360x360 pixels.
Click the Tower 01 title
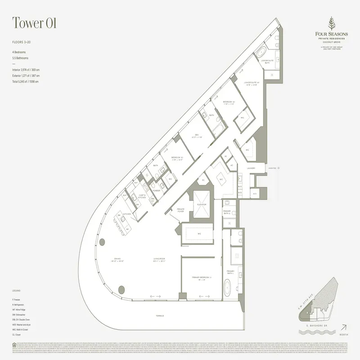(x=34, y=24)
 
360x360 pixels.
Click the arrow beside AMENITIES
(x=278, y=168)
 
